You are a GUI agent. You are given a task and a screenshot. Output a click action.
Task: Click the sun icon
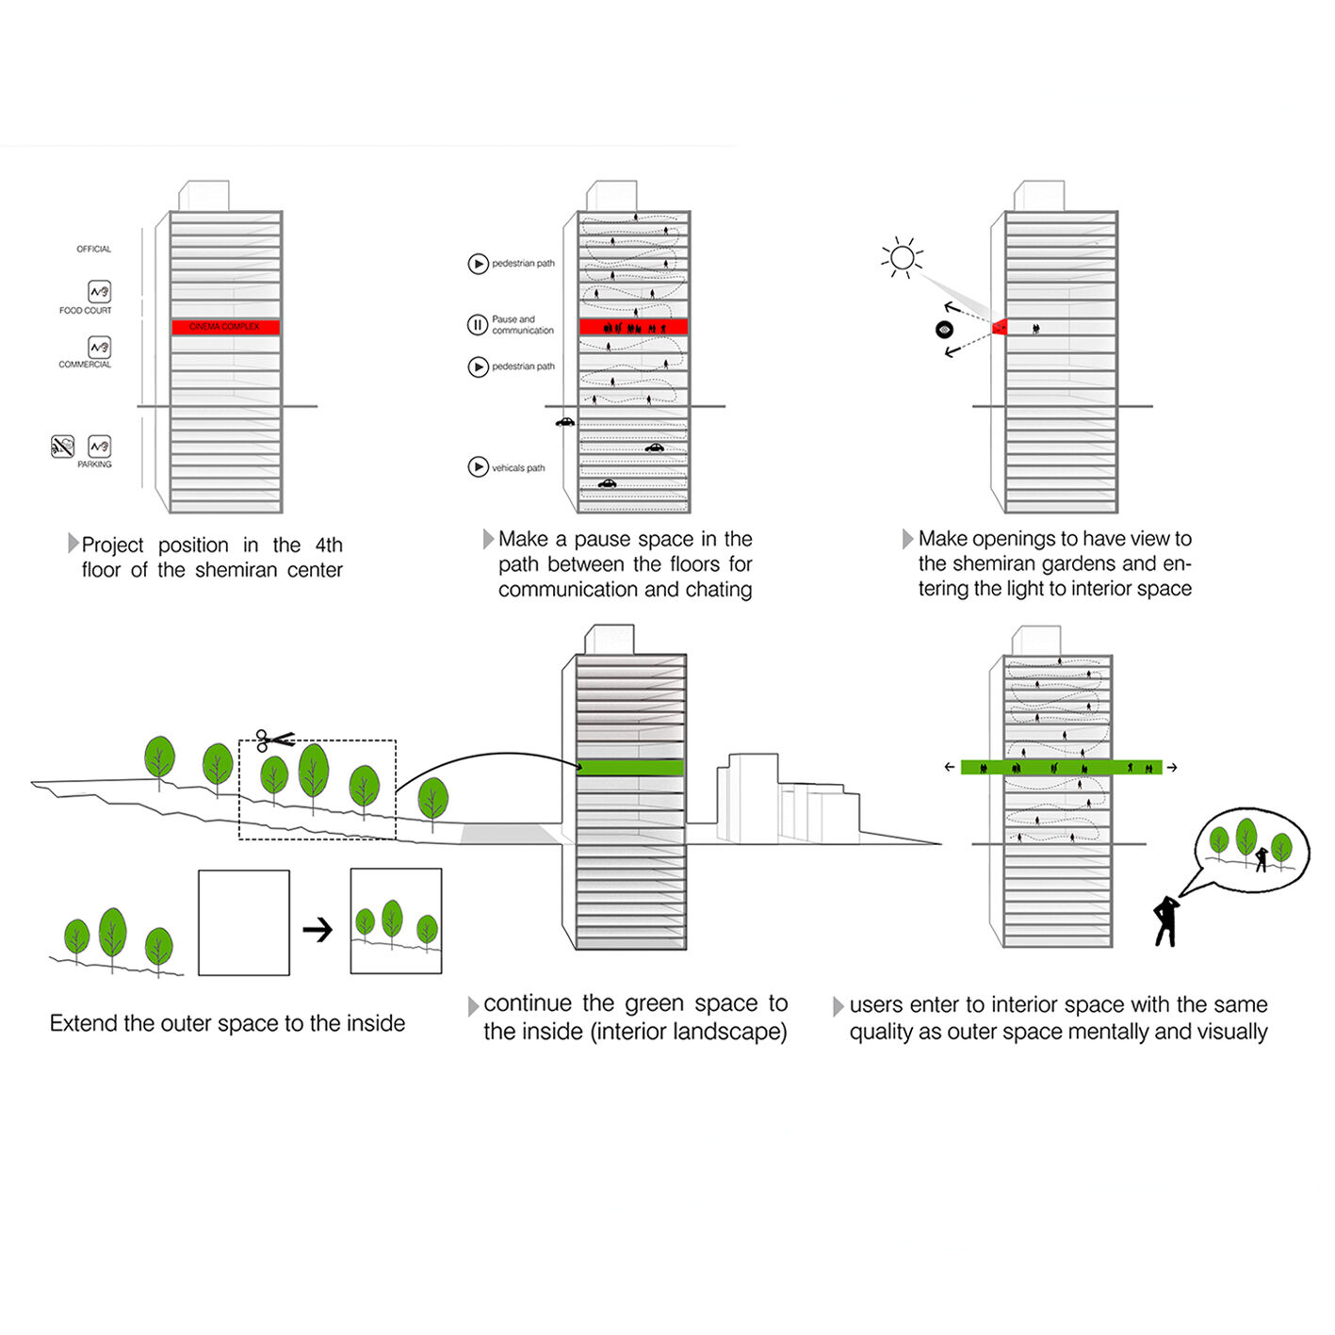(x=902, y=257)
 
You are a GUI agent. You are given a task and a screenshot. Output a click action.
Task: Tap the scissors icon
(x=274, y=741)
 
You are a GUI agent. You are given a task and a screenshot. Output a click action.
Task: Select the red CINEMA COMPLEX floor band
(x=225, y=327)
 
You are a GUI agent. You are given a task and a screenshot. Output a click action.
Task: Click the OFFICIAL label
(x=93, y=250)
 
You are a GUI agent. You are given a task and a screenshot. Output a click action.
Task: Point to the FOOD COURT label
(x=85, y=311)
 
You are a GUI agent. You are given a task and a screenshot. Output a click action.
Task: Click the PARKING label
(x=94, y=464)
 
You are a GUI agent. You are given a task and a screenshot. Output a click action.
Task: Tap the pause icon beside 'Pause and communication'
(x=478, y=325)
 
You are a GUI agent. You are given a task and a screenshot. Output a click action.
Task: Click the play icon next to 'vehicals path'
(x=478, y=467)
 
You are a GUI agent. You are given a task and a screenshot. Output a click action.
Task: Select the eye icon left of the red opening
(x=944, y=329)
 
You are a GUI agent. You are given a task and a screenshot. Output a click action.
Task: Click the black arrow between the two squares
(x=318, y=930)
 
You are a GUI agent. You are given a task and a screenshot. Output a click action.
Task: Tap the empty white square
(x=243, y=922)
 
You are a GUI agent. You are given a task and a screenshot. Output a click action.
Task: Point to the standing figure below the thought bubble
(x=1166, y=920)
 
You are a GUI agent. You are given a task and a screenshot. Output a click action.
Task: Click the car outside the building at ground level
(x=564, y=422)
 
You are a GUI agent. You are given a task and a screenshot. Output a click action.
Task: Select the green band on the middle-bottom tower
(x=630, y=768)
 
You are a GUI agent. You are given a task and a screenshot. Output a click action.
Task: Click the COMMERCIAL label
(x=85, y=365)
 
